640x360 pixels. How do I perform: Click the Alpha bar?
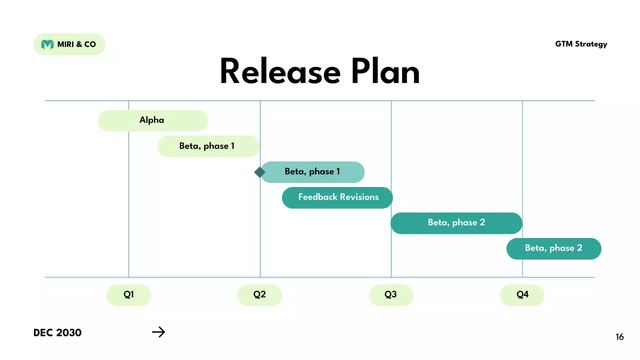click(152, 120)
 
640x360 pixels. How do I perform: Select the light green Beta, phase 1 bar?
click(208, 146)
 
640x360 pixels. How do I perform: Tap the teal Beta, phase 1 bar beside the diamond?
click(313, 172)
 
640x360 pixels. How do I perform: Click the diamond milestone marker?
click(259, 172)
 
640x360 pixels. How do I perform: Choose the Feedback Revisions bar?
click(337, 197)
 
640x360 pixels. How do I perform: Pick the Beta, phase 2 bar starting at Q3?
click(456, 223)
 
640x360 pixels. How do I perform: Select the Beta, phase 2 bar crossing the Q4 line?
click(553, 248)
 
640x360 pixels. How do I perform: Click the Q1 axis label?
click(128, 295)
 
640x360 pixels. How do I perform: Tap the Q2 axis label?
click(259, 295)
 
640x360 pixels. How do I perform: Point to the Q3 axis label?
click(391, 295)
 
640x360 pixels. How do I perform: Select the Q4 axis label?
click(522, 295)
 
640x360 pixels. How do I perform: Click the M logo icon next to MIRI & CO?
click(47, 44)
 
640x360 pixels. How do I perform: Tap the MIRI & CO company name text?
click(76, 44)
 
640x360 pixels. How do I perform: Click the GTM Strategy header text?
click(581, 44)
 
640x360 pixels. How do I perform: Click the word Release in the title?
click(280, 72)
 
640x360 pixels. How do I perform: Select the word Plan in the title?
click(385, 72)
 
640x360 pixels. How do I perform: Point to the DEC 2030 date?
click(57, 332)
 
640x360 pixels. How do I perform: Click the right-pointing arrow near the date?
click(158, 332)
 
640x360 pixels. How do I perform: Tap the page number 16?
click(619, 337)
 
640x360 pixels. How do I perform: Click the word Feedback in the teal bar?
click(318, 197)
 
